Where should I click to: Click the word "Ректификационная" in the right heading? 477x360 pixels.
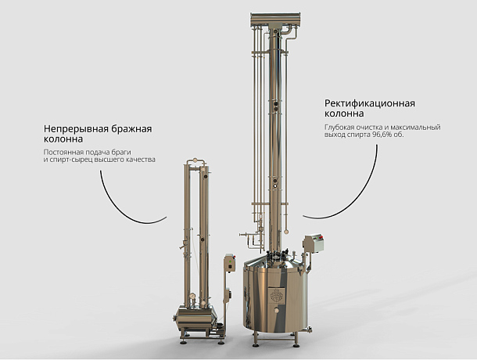[x=370, y=103]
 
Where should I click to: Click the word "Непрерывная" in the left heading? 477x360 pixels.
[x=76, y=129]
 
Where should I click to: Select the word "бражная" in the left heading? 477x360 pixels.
[x=131, y=129]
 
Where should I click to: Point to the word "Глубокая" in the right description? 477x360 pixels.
[x=339, y=128]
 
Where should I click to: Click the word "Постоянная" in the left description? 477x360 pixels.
[x=62, y=152]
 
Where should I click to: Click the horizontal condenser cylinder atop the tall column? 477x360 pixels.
[x=275, y=19]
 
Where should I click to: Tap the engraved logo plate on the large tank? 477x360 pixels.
[x=277, y=294]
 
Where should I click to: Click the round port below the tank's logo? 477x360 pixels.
[x=277, y=311]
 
